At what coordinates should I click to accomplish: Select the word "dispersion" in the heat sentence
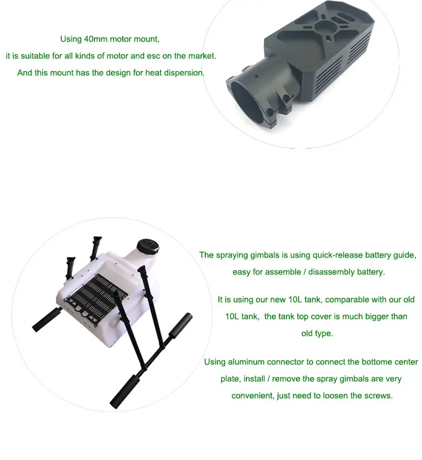click(183, 73)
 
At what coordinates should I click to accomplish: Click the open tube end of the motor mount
click(246, 98)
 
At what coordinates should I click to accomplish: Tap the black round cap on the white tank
click(148, 246)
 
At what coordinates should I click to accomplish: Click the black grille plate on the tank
click(97, 298)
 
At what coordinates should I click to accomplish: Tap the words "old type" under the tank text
click(317, 333)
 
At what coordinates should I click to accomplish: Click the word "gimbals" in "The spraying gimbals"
click(264, 255)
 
